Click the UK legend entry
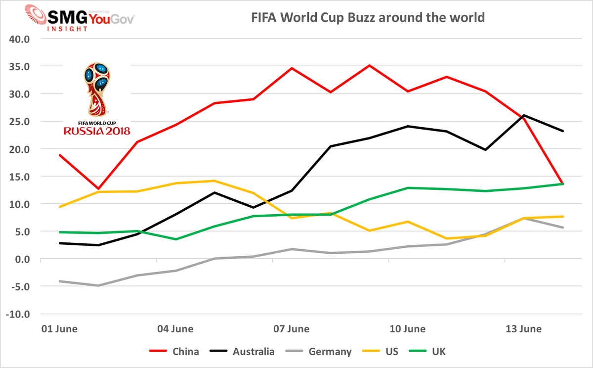coord(439,352)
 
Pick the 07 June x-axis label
coord(292,329)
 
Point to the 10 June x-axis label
coord(408,329)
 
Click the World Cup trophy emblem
coord(96,89)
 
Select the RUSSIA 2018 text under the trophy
coord(96,131)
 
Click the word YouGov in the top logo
coord(112,18)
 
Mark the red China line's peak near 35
coord(370,65)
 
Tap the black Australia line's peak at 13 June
coord(524,115)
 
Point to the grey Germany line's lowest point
coord(98,285)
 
